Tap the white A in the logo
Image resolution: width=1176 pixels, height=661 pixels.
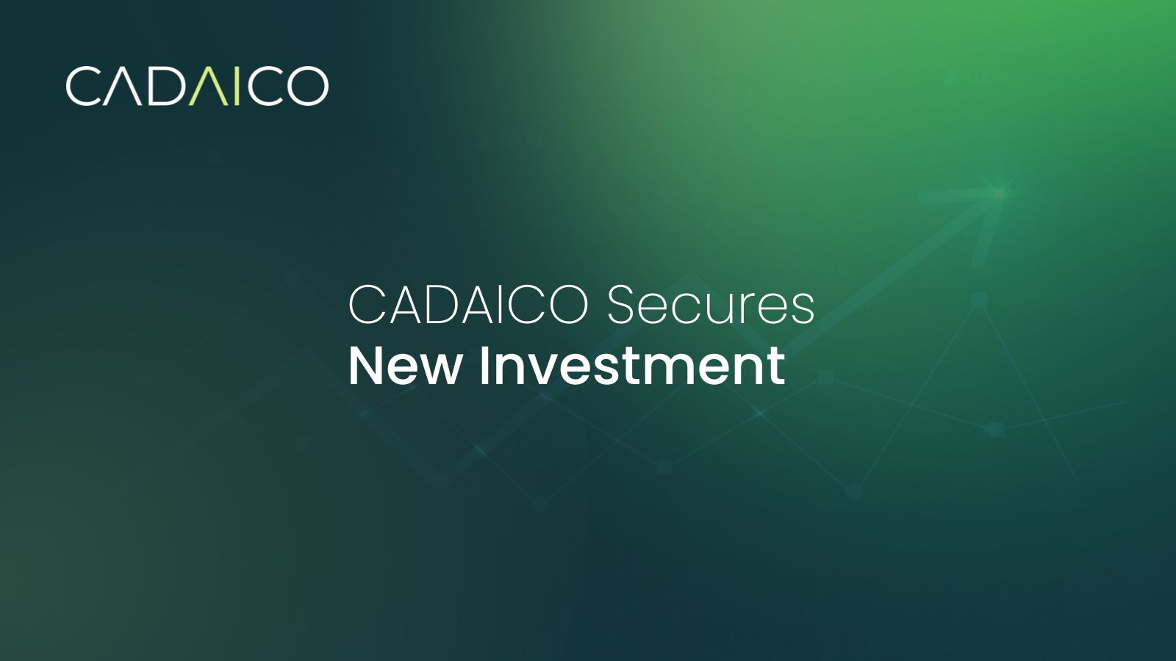tap(123, 87)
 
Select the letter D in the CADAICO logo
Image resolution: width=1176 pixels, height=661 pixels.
tap(163, 86)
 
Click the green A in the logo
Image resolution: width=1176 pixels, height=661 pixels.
tap(204, 87)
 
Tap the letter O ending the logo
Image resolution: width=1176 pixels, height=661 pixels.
tap(306, 86)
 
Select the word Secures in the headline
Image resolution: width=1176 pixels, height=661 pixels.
tap(711, 306)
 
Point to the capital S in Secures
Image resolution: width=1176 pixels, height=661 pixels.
tap(620, 305)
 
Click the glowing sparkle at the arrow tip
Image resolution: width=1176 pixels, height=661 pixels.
tap(999, 192)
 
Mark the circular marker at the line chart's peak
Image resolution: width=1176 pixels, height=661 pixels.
tap(978, 300)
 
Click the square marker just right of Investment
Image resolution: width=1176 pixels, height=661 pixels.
tap(825, 378)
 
